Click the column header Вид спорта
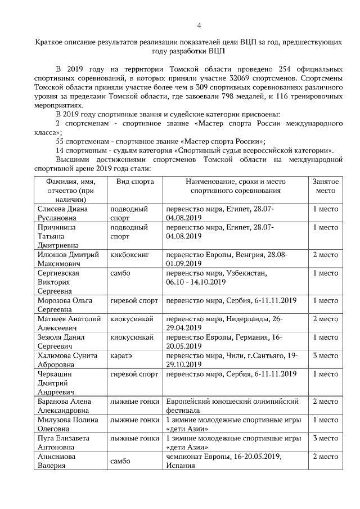tap(134, 182)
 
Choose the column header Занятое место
tap(325, 187)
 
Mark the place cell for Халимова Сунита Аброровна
tap(325, 355)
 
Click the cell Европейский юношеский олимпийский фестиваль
tap(235, 407)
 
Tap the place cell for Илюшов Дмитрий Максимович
tap(325, 255)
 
